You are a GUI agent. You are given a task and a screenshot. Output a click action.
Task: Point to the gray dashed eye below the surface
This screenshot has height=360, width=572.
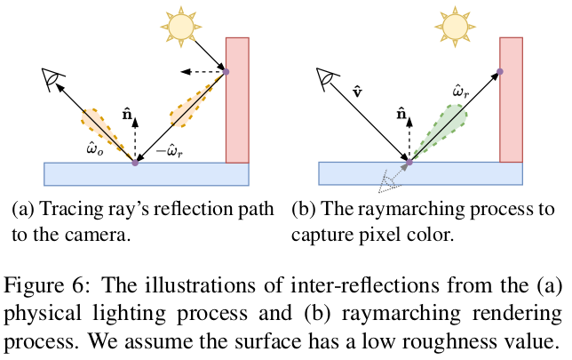point(388,183)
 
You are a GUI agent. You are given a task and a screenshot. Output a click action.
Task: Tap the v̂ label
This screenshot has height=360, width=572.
point(356,91)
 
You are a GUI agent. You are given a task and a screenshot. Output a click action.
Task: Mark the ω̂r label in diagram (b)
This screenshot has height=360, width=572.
point(455,92)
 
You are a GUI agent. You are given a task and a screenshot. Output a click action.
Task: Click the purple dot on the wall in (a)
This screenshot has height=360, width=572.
point(226,72)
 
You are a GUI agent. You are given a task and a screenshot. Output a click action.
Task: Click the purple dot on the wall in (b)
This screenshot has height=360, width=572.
point(500,72)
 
